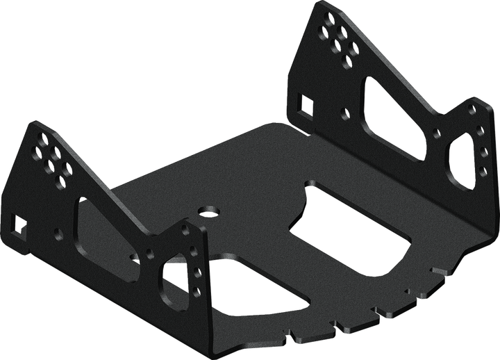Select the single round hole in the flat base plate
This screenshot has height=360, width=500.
[206, 209]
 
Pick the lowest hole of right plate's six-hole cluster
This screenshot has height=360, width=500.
[342, 60]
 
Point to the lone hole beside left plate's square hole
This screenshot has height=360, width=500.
[58, 234]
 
